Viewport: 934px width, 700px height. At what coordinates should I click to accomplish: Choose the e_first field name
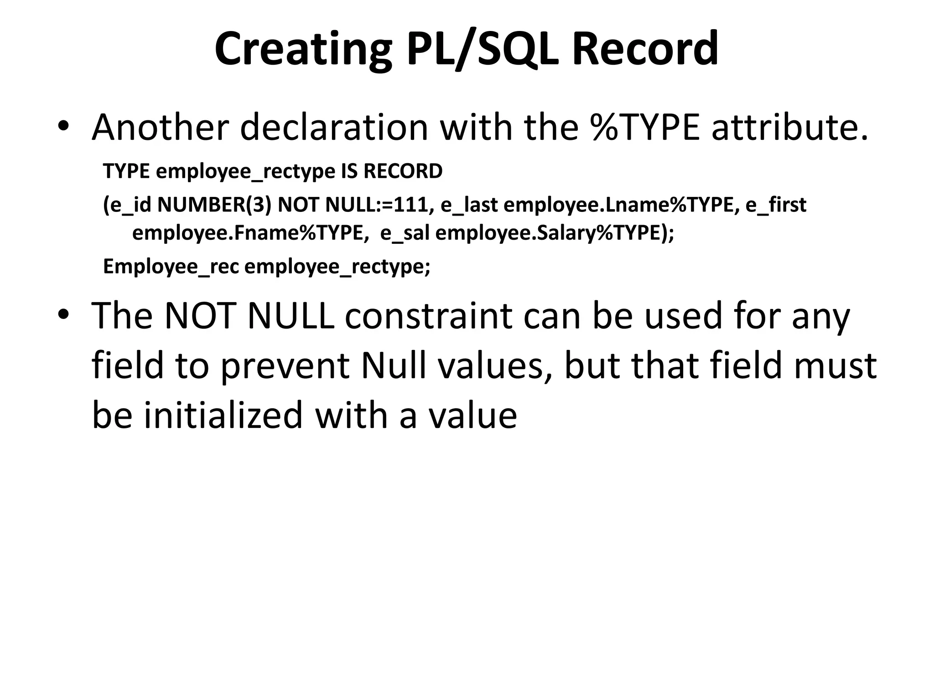click(x=776, y=205)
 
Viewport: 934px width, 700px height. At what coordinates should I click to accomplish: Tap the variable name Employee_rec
click(x=171, y=267)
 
